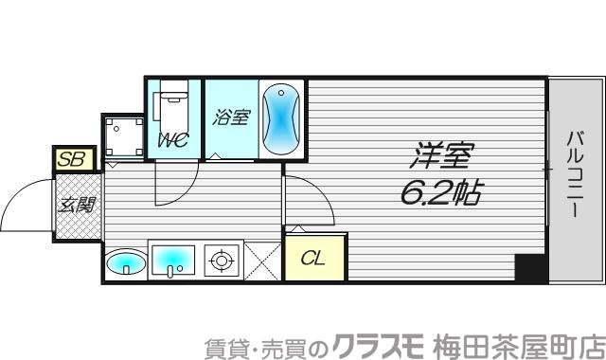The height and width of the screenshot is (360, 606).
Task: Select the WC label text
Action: tap(172, 140)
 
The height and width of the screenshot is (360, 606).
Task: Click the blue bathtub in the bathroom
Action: tap(280, 119)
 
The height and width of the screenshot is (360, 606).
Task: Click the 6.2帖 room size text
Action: tap(437, 194)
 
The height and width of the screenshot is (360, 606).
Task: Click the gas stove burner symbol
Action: tap(222, 261)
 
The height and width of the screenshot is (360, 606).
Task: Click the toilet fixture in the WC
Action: tap(172, 105)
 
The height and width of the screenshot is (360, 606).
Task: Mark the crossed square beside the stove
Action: tap(262, 261)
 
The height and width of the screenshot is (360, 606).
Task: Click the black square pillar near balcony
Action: tap(531, 268)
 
